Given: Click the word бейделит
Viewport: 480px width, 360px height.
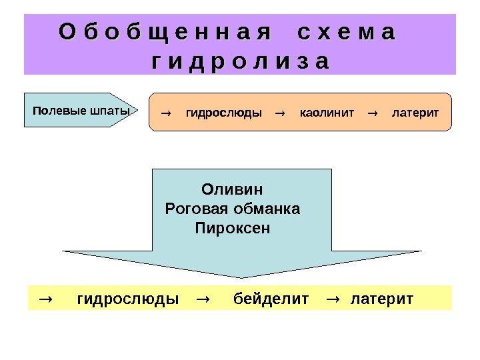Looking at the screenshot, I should point(271,298).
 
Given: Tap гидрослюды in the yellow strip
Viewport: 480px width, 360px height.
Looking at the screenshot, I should point(128,298).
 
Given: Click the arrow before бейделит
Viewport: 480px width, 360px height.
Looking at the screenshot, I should point(203,298).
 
